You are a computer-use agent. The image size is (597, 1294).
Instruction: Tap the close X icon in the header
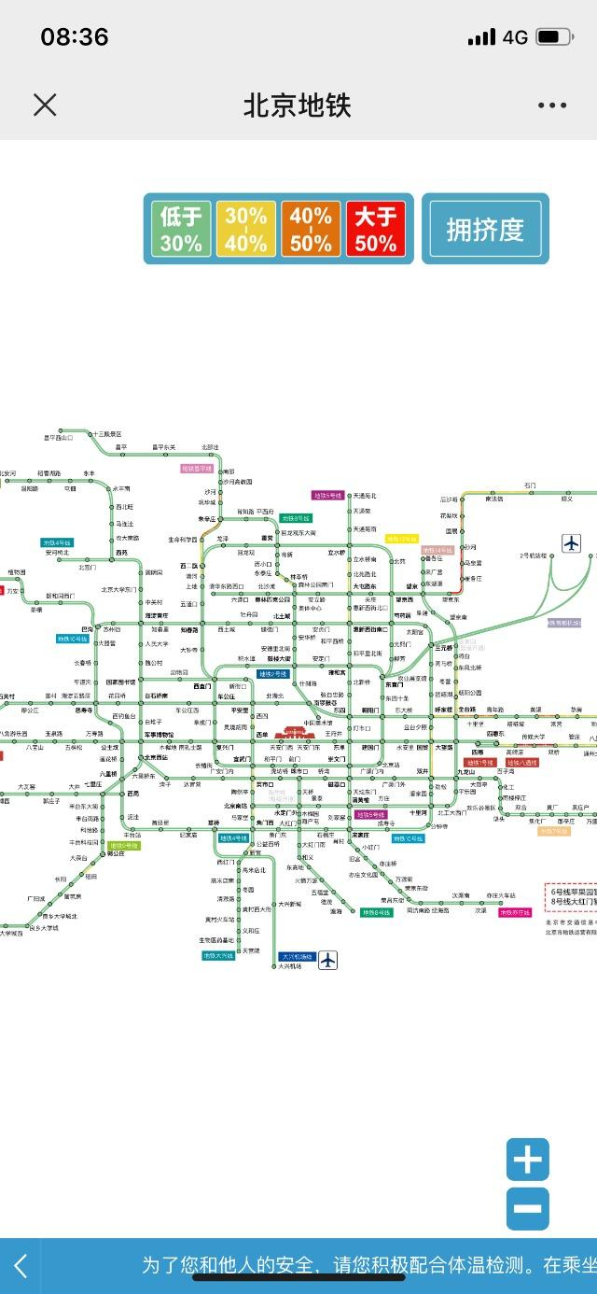point(45,105)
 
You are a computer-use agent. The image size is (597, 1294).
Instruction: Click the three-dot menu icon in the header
point(552,105)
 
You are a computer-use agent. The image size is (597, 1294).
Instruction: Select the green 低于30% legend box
point(181,230)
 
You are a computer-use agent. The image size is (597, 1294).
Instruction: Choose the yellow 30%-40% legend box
point(245,230)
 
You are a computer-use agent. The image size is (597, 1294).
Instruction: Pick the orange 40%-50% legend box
point(311,230)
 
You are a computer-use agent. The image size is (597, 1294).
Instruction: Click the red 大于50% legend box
point(376,230)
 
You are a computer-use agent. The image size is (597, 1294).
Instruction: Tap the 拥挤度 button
point(485,230)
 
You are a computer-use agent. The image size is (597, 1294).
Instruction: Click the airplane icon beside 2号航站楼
point(571,542)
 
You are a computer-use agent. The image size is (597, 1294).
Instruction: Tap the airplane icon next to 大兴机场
point(327,960)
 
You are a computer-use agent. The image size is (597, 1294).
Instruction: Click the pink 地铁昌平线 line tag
point(198,469)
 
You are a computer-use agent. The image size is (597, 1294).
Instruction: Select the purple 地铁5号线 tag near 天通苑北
point(328,496)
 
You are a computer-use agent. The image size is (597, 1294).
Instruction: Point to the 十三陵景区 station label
point(106,434)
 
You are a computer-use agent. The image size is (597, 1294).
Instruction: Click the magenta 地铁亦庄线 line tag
point(514,912)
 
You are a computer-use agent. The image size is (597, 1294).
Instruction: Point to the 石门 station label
point(530,485)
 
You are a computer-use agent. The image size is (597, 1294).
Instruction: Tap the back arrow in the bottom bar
point(21,1266)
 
